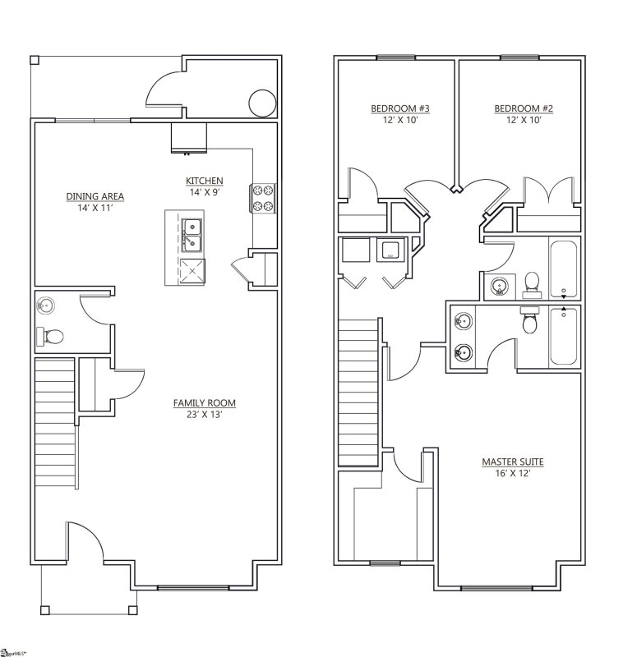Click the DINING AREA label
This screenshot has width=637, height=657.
pos(95,195)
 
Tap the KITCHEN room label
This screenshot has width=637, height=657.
pos(205,181)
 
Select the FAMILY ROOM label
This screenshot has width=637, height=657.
pos(204,402)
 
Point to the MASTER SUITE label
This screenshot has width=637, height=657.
pos(512,462)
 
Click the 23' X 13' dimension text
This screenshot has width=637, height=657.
pos(204,414)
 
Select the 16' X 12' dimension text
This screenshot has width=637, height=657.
pos(512,474)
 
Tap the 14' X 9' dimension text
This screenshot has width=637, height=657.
pos(205,191)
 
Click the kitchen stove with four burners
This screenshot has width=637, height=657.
pos(262,197)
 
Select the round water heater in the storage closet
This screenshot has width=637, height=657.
pos(261,103)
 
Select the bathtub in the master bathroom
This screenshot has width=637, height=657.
pos(564,335)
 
